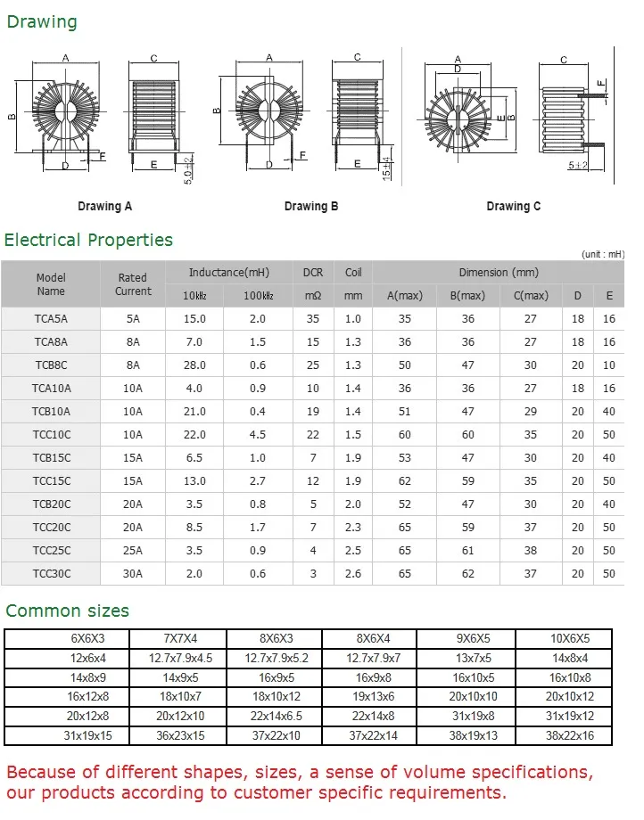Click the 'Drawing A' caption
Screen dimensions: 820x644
pos(104,206)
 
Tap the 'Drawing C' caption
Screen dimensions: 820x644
pos(513,206)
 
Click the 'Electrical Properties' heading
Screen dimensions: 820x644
pos(88,240)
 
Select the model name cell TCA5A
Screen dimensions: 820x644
pos(51,319)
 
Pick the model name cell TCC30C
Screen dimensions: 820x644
pos(51,574)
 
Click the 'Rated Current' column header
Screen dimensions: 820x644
pos(133,284)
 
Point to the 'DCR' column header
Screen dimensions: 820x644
pos(313,273)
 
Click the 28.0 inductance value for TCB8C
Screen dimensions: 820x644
pos(194,365)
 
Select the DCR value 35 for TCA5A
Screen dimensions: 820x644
pos(313,319)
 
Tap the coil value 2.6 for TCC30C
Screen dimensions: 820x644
pos(353,574)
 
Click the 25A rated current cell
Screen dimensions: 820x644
pos(133,551)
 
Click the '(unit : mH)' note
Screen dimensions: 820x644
pos(603,254)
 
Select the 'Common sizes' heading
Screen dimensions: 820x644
pos(68,611)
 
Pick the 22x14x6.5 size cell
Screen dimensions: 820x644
pos(274,717)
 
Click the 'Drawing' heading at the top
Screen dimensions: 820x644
pos(42,22)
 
